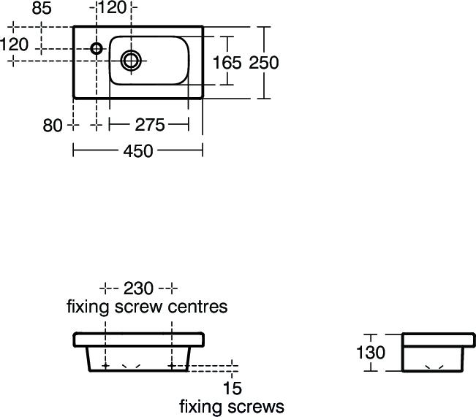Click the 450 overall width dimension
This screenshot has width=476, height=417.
point(138,151)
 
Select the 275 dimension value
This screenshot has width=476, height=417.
point(150,125)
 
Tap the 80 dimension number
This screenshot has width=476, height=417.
point(53,126)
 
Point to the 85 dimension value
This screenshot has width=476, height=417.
point(42,9)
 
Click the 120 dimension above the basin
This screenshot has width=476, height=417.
point(112,9)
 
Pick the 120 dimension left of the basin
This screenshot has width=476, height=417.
point(15,45)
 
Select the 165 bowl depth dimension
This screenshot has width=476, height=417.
point(227,63)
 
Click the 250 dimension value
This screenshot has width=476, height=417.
point(264,63)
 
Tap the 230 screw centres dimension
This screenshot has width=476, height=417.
point(138,288)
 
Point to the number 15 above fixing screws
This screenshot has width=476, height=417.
point(232,389)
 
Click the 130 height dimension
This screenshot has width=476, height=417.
point(371,353)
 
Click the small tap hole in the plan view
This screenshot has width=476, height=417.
point(97,49)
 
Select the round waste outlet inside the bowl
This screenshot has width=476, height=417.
point(132,60)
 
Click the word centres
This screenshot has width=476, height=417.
point(198,306)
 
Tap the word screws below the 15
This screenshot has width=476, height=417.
point(255,406)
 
